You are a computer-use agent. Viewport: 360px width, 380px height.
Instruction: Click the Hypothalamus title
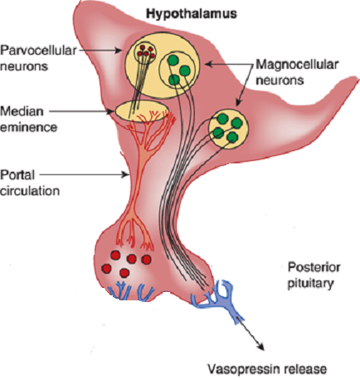tap(192, 14)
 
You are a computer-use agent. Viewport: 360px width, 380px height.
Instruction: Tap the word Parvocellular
tap(38, 51)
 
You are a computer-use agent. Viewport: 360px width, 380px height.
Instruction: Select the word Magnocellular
tap(297, 65)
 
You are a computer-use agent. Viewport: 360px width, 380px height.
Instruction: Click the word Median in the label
tap(22, 111)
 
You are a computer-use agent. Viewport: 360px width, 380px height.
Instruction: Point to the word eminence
tap(28, 128)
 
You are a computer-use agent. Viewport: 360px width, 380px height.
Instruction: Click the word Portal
tap(17, 175)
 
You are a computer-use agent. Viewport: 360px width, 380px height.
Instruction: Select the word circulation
tap(30, 191)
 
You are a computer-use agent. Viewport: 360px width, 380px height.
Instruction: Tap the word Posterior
tap(314, 267)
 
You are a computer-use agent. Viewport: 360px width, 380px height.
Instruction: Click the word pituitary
tap(310, 284)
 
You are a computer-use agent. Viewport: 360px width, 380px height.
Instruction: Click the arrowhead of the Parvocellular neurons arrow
tap(119, 50)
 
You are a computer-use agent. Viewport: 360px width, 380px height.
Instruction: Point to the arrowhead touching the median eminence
tap(111, 111)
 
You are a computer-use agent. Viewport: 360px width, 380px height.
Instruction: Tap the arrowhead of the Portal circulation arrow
tap(126, 174)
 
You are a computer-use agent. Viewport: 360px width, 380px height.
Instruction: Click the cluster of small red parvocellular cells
tap(145, 51)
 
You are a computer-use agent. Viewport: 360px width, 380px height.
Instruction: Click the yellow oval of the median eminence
tap(142, 111)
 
